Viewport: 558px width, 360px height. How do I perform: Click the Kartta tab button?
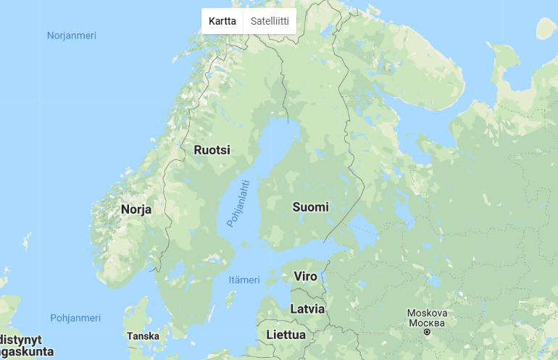click(x=222, y=21)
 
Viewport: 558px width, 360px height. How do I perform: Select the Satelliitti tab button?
click(x=270, y=21)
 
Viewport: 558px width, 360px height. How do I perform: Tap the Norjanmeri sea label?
click(x=72, y=35)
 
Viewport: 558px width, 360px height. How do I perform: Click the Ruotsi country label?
click(x=212, y=150)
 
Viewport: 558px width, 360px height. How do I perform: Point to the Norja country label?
click(x=136, y=209)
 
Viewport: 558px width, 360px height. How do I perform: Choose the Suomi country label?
click(x=310, y=207)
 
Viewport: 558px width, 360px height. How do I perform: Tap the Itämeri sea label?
click(x=243, y=280)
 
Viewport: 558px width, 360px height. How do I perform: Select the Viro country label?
click(x=305, y=276)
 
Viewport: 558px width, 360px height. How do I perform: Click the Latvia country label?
click(x=307, y=309)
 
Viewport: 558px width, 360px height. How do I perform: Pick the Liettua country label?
click(x=286, y=335)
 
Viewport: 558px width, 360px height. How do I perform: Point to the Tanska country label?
click(x=143, y=336)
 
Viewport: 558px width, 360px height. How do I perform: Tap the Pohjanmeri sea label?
click(x=75, y=318)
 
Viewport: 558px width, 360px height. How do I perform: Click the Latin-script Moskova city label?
click(x=427, y=313)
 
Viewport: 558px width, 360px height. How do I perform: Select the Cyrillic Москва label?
click(x=427, y=322)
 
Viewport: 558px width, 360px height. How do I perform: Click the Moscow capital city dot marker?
click(x=427, y=332)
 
